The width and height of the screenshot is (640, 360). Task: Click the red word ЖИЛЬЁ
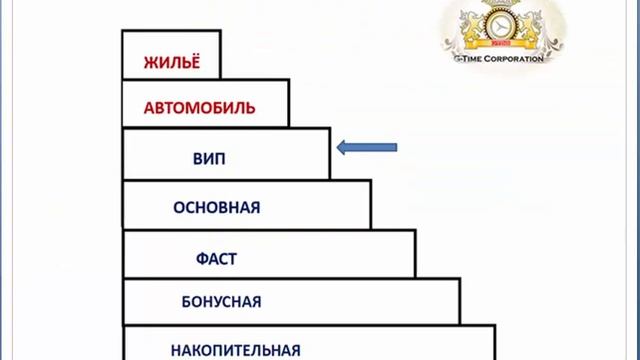pyautogui.click(x=170, y=60)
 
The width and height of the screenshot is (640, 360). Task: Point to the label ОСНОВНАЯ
pyautogui.click(x=216, y=208)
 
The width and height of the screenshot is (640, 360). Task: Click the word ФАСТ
pyautogui.click(x=216, y=259)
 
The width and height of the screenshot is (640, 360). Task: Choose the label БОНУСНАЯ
pyautogui.click(x=222, y=301)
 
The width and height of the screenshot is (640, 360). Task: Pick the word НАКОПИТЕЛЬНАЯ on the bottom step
pyautogui.click(x=236, y=350)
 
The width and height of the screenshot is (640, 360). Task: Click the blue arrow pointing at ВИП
pyautogui.click(x=367, y=148)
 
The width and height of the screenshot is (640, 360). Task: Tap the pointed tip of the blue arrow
pyautogui.click(x=338, y=148)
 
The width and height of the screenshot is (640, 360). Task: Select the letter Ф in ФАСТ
pyautogui.click(x=201, y=259)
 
